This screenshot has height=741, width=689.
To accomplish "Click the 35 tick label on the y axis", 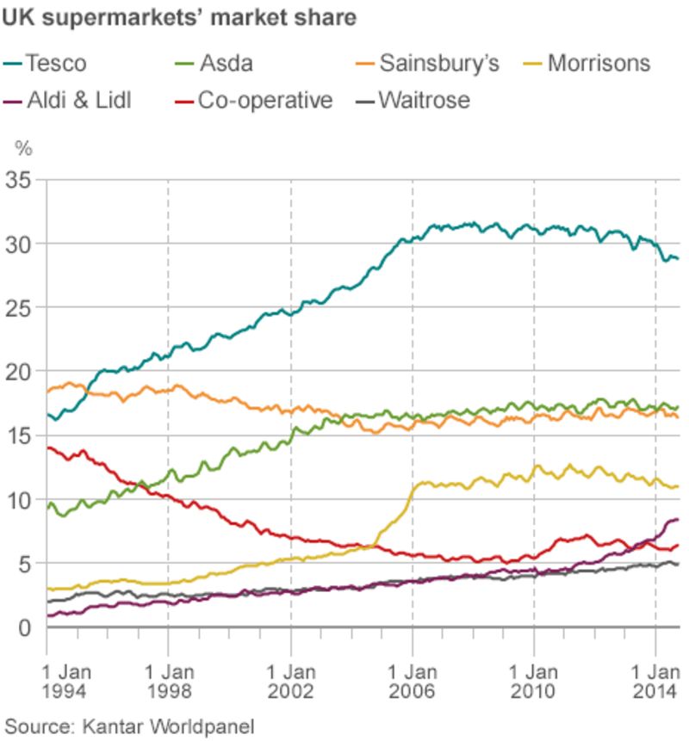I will tap(18, 180).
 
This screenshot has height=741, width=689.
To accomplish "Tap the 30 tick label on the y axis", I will tap(18, 244).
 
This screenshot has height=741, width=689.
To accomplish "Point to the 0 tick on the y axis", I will tap(24, 628).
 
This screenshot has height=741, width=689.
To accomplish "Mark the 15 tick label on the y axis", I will tap(18, 436).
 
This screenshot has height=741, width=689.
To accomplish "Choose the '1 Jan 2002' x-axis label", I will tap(290, 679).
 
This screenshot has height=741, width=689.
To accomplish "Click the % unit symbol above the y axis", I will tap(23, 149).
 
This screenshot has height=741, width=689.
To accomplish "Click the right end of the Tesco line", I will tap(678, 258).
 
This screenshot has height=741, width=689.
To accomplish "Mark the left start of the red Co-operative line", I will tap(47, 448).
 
